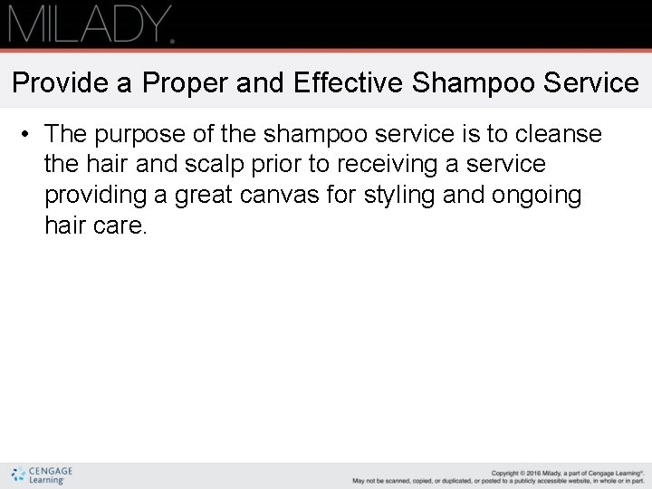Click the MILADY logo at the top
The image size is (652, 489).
click(x=91, y=24)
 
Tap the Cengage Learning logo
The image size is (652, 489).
click(x=42, y=475)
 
